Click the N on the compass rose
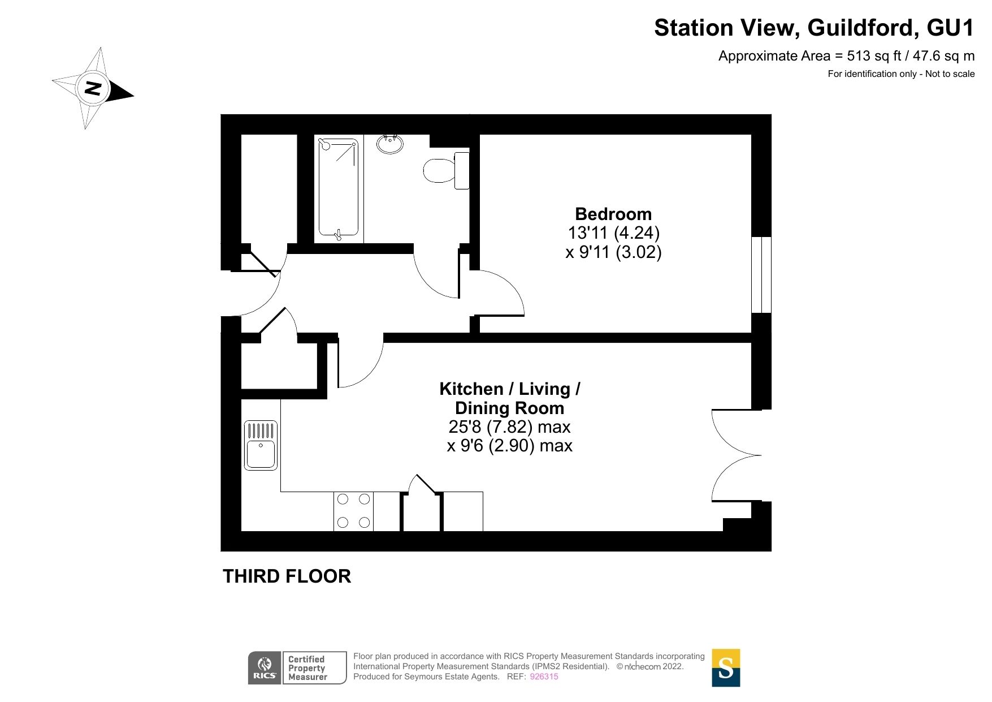(x=93, y=88)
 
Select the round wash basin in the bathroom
(x=390, y=144)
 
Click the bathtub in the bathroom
(x=338, y=187)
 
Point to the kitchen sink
(x=261, y=446)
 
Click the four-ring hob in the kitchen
(x=353, y=511)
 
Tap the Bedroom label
(x=613, y=214)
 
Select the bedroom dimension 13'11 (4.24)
(x=613, y=232)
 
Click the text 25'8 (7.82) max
(x=509, y=427)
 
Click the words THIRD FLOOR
(x=287, y=576)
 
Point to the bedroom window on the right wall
(x=761, y=274)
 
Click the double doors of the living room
(x=735, y=455)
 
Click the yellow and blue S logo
(x=725, y=667)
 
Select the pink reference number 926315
(x=543, y=677)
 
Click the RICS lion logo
(x=265, y=667)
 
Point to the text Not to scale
(x=950, y=74)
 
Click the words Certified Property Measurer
(x=307, y=668)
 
